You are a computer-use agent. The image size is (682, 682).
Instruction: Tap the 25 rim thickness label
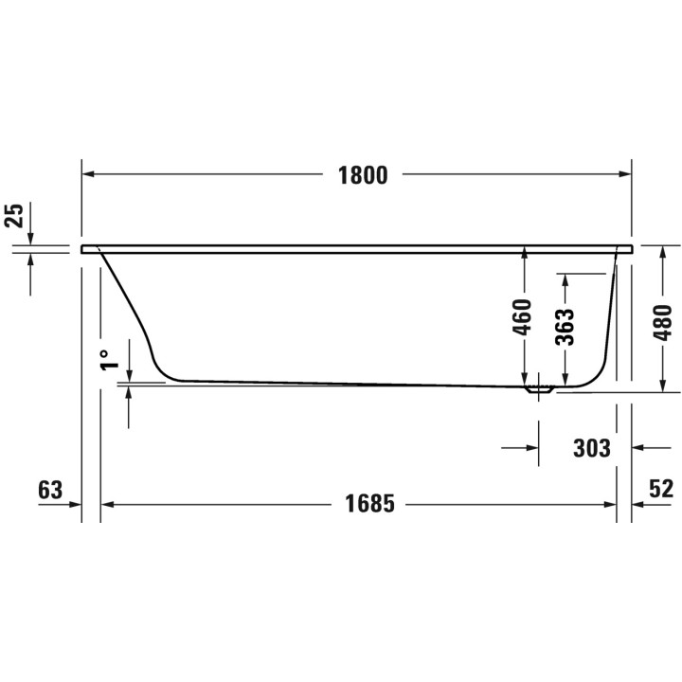(12, 216)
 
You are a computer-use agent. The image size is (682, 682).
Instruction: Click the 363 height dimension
(564, 329)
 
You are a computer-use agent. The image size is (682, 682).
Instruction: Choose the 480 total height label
(663, 322)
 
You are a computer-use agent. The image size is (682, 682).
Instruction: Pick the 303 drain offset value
(591, 447)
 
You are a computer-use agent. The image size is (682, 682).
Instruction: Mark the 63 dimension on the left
(49, 490)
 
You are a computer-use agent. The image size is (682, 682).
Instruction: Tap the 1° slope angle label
(111, 359)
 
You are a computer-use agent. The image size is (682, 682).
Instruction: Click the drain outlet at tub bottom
(541, 388)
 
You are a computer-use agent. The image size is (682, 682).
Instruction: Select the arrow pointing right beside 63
(74, 504)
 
